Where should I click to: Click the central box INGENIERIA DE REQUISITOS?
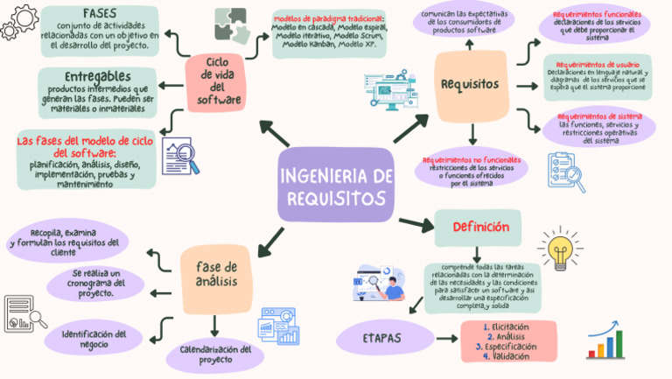pyautogui.click(x=336, y=186)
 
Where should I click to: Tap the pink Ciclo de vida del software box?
pyautogui.click(x=219, y=81)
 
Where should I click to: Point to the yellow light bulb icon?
pyautogui.click(x=558, y=249)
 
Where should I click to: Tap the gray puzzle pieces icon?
pyautogui.click(x=231, y=25)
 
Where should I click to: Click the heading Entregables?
pyautogui.click(x=97, y=75)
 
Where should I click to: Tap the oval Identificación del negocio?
pyautogui.click(x=95, y=339)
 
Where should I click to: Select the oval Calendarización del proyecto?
pyautogui.click(x=215, y=354)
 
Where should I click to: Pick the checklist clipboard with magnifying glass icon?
pyautogui.click(x=565, y=172)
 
